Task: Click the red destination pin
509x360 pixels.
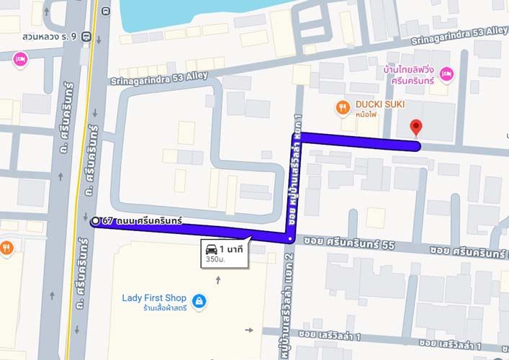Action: tap(415, 128)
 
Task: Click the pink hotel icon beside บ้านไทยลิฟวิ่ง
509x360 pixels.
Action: tap(446, 73)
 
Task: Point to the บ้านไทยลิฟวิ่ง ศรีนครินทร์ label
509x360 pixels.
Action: tap(412, 78)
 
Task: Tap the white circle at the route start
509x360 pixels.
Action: tap(95, 221)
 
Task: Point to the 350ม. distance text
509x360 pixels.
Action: tap(215, 259)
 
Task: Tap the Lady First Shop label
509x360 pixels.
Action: tap(154, 298)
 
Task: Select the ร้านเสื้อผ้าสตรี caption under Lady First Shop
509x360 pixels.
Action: tap(155, 309)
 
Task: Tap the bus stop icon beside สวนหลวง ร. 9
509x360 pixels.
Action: tap(86, 35)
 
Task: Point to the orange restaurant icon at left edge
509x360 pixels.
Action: tap(6, 248)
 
